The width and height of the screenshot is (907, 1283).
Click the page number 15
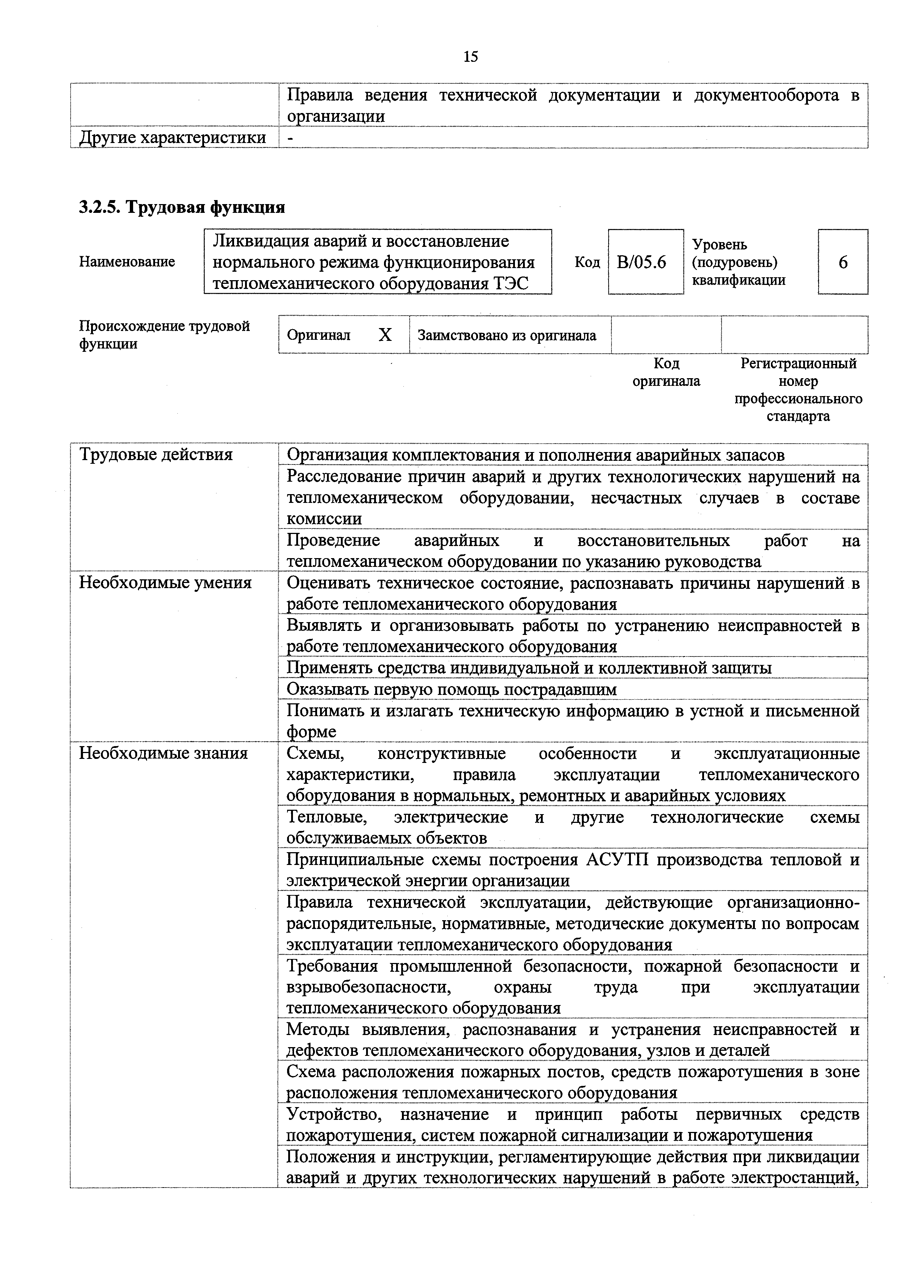471,56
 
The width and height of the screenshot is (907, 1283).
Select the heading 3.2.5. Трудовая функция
182,207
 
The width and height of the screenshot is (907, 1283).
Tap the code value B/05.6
641,262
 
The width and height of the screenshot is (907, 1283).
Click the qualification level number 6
843,262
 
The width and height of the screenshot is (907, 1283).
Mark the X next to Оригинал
385,335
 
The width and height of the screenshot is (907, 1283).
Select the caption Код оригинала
666,372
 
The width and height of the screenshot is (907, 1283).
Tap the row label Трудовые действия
156,454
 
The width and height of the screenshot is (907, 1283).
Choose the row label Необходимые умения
165,583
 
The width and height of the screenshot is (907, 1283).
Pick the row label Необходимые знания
163,753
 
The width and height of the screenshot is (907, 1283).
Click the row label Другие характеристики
173,138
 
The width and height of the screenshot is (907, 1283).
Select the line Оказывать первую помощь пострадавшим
452,689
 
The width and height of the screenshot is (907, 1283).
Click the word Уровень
719,244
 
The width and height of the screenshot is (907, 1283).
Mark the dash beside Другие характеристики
290,138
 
